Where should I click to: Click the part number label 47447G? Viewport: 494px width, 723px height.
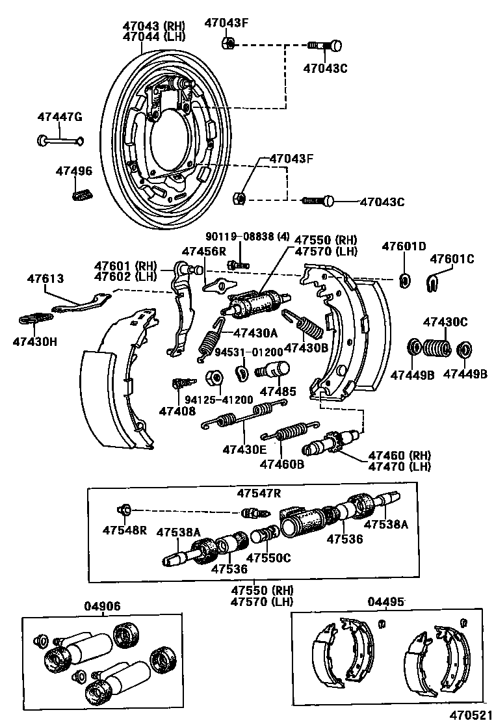point(60,117)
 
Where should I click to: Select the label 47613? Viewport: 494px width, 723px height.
point(45,278)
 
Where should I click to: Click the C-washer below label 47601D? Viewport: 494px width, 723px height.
point(404,280)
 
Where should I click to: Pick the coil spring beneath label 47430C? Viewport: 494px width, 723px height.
point(435,348)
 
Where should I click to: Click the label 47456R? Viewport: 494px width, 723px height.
point(203,251)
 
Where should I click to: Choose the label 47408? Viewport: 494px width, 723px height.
point(177,410)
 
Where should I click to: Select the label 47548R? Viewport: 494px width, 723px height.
point(124,530)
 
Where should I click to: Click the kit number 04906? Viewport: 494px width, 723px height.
point(102,606)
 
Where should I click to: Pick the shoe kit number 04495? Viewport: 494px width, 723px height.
point(386,601)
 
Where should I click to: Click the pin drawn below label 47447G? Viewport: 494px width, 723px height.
point(60,139)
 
